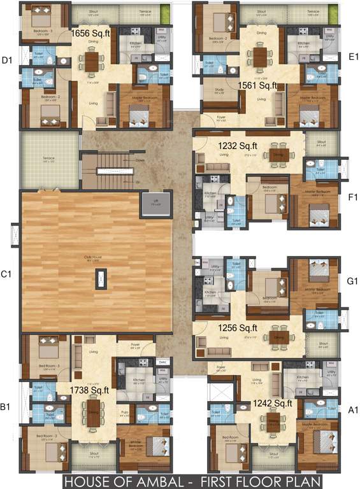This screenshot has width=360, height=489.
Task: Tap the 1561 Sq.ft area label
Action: click(x=258, y=84)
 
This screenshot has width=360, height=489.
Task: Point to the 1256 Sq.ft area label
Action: click(x=238, y=328)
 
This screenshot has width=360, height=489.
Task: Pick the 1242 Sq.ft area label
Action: click(x=272, y=402)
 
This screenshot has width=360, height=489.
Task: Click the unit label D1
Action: click(x=7, y=60)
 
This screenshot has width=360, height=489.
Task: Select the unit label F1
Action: click(x=352, y=197)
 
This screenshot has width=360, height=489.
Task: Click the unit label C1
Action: click(x=6, y=274)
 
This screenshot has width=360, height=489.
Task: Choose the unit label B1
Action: click(x=7, y=405)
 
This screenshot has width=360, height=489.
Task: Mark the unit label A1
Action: click(x=352, y=412)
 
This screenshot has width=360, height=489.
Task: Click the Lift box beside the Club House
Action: click(x=156, y=204)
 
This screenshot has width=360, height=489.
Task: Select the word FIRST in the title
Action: click(x=216, y=480)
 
